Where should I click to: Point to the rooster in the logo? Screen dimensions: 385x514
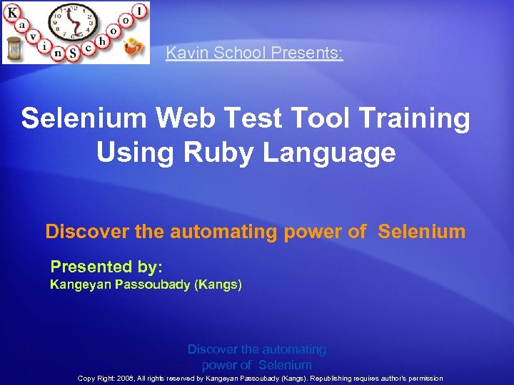click(133, 50)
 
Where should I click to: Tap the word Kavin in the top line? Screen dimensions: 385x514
click(183, 53)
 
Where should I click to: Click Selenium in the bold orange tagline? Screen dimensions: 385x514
click(422, 232)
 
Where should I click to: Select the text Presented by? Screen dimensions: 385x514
click(106, 267)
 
